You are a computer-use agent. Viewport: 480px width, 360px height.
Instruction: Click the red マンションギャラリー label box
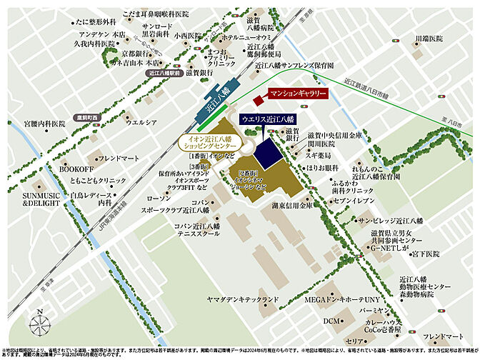point(297,94)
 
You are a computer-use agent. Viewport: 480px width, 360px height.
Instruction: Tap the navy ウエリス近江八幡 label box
point(269,119)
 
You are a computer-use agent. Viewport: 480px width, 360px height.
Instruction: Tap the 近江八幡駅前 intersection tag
point(164,73)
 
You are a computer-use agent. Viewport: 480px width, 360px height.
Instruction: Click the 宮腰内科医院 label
point(44,124)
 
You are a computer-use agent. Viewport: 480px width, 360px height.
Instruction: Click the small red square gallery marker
point(258,100)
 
